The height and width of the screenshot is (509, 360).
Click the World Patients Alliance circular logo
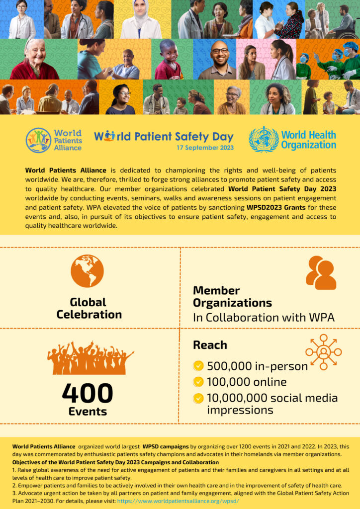tap(38, 140)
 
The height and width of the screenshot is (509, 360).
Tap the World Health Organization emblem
tap(264, 140)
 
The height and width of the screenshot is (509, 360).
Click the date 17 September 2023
tap(205, 148)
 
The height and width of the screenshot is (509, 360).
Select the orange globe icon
tap(87, 271)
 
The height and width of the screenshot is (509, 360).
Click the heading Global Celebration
tap(89, 308)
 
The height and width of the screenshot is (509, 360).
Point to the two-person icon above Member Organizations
tap(321, 273)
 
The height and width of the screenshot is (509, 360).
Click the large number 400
tap(88, 394)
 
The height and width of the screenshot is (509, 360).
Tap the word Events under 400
tap(88, 412)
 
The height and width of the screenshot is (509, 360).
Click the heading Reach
tap(210, 345)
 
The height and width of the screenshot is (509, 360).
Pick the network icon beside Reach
tap(323, 352)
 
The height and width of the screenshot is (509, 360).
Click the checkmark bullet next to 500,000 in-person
tap(198, 366)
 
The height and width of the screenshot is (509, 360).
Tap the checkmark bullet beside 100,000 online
tap(198, 382)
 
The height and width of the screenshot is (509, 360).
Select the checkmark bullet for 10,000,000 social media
tap(198, 398)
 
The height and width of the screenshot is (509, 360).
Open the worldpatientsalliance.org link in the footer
tap(178, 501)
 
